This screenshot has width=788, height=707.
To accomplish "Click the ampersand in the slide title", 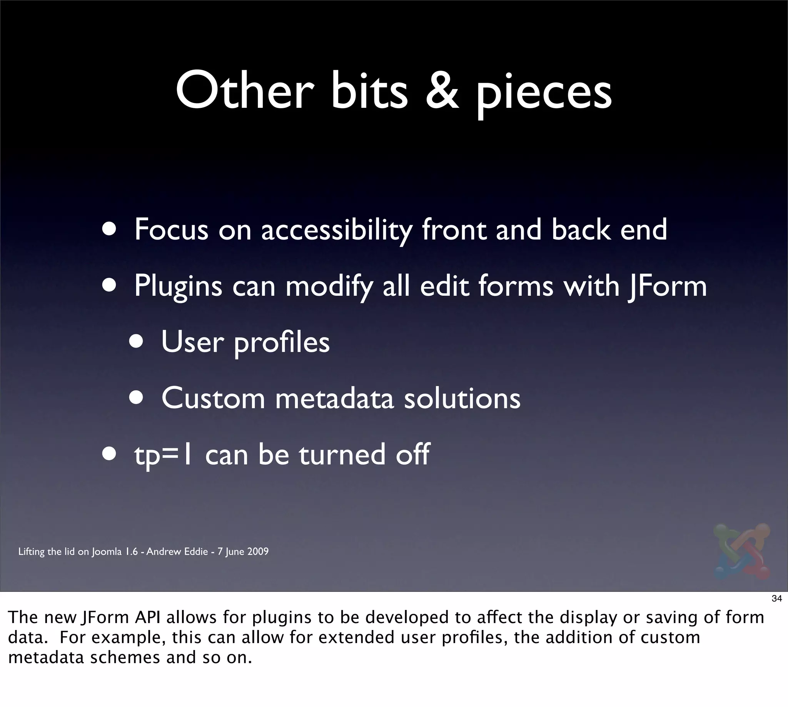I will click(x=442, y=91).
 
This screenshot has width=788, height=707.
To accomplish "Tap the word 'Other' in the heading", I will click(x=244, y=91).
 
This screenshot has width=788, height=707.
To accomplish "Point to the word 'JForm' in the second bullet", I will click(x=668, y=286).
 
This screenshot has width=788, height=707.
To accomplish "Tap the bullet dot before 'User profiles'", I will click(x=136, y=342).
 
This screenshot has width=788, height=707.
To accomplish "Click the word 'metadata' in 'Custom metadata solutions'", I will click(x=334, y=399).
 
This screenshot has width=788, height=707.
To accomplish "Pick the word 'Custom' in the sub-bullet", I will click(x=213, y=399).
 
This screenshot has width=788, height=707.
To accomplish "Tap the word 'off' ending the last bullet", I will click(x=412, y=454).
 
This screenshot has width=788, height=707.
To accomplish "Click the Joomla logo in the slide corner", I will click(x=741, y=551).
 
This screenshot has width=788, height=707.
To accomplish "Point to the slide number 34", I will click(x=776, y=599).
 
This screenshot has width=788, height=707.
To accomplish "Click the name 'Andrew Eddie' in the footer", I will click(x=177, y=551).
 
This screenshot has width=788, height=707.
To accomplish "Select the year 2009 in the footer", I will click(x=258, y=551).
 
